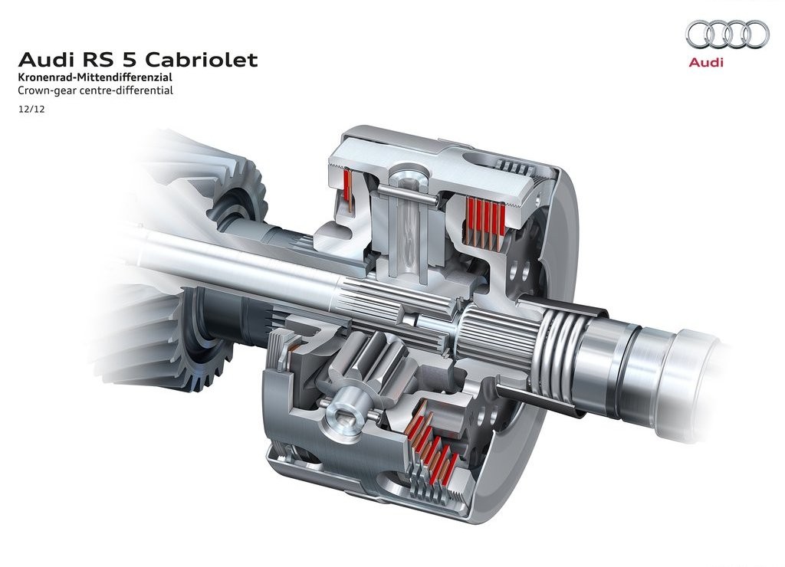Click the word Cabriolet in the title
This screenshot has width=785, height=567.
click(202, 60)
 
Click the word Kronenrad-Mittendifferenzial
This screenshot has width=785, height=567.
click(95, 77)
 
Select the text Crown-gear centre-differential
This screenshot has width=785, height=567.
click(96, 90)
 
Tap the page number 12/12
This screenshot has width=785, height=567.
click(31, 109)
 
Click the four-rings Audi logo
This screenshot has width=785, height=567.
click(727, 34)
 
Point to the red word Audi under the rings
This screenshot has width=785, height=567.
click(706, 63)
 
